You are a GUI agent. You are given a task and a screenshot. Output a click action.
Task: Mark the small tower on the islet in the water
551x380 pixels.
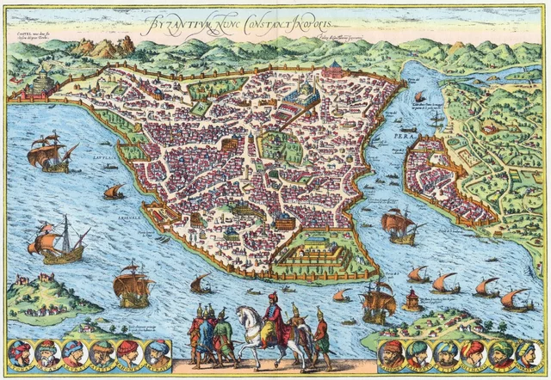coord(412,300)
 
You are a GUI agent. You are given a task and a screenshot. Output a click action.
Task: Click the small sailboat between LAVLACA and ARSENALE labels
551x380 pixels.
coord(113,191)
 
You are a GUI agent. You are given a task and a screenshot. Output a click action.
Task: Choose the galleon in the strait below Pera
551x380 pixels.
coord(398,225)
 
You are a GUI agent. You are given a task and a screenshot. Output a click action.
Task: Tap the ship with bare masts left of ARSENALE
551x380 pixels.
coord(60,241)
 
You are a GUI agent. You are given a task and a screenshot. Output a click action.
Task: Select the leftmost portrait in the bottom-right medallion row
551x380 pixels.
coord(393,353)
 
